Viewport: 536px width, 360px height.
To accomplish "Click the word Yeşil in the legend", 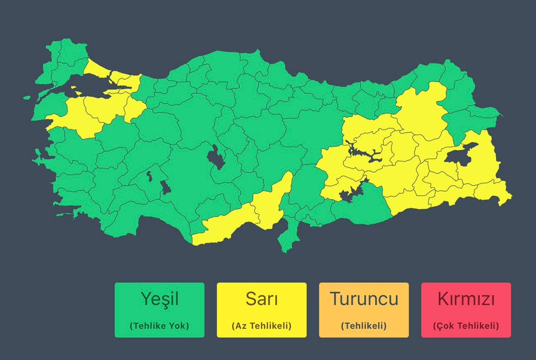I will (159, 299).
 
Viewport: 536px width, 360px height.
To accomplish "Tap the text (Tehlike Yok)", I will (159, 326).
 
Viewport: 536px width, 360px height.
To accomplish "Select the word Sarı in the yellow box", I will (262, 299).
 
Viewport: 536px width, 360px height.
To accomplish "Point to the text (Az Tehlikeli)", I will (262, 326).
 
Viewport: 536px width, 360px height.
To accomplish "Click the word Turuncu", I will (364, 299).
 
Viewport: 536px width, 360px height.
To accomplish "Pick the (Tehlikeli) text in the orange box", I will (364, 326).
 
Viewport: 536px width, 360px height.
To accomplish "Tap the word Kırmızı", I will (466, 299).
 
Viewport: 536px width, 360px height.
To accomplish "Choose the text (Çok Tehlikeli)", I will (466, 326).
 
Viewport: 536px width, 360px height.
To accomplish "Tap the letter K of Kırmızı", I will (442, 299).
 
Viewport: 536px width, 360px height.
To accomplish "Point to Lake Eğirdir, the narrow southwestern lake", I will (148, 176).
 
